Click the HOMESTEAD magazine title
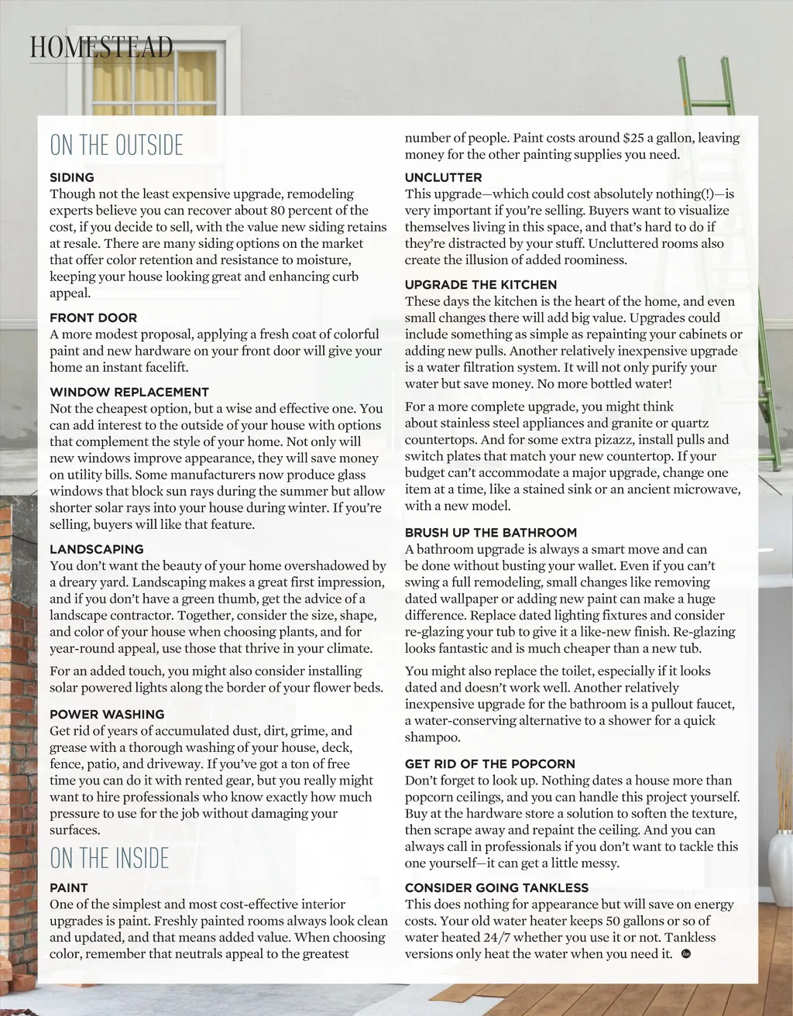coord(101,47)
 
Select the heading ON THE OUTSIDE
coord(117,146)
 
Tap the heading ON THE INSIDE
coord(109,858)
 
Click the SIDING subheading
coord(72,177)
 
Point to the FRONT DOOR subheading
coord(94,317)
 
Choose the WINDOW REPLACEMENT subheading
coord(129,392)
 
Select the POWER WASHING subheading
coord(107,714)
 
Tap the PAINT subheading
coord(69,887)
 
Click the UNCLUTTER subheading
coord(443,177)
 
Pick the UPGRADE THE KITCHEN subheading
coord(481,285)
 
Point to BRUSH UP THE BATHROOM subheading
coord(491,533)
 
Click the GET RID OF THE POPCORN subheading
coord(489,764)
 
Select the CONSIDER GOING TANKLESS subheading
coord(496,887)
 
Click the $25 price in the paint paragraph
coord(636,139)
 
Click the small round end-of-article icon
coord(685,953)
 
